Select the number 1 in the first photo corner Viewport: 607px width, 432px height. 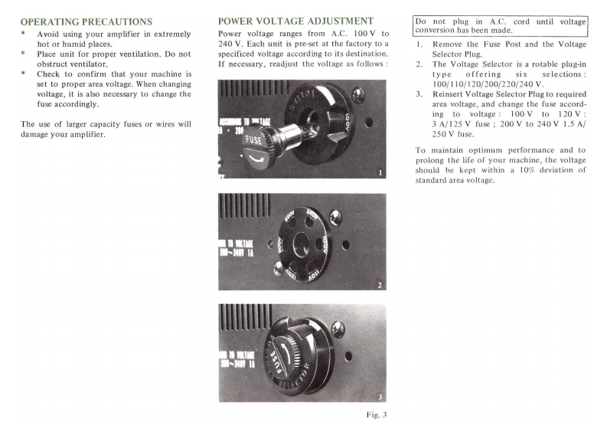tap(379, 172)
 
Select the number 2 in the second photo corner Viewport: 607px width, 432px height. tap(379, 285)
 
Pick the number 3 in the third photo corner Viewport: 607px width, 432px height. tap(379, 396)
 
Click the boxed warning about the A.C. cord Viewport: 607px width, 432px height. tap(500, 25)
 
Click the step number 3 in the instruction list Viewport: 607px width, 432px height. tap(419, 94)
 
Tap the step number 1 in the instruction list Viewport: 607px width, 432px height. tap(419, 45)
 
